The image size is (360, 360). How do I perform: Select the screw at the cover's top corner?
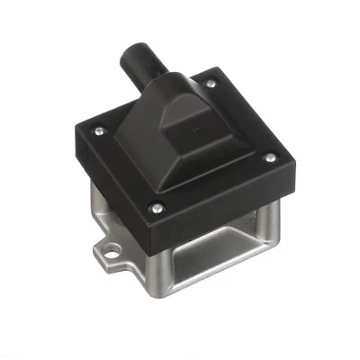[209, 84]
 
